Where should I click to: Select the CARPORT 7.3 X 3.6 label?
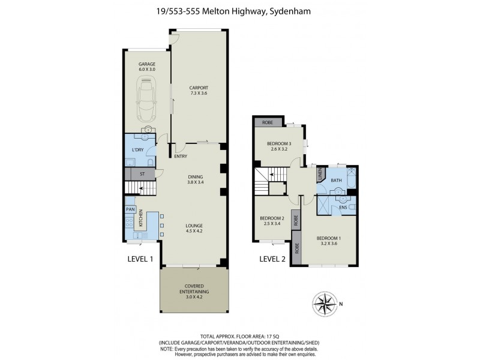click(199, 91)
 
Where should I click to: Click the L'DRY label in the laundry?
click(136, 151)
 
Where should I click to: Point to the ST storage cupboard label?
click(142, 175)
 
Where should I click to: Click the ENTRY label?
click(181, 157)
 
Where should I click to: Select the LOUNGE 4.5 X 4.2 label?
click(194, 229)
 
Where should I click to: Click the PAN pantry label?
click(130, 209)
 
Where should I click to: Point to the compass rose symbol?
click(326, 301)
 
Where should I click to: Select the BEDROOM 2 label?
click(272, 221)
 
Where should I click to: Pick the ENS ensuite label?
click(343, 207)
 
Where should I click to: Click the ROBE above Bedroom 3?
click(266, 122)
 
